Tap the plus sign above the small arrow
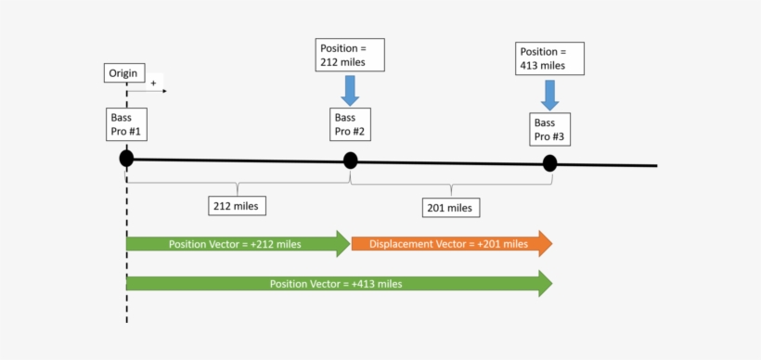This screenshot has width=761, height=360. coord(153,83)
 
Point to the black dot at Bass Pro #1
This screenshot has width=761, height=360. coord(126,159)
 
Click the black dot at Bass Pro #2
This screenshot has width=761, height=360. coord(350,161)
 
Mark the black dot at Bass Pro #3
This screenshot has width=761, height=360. coord(549,163)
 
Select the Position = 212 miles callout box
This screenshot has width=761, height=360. coord(349,55)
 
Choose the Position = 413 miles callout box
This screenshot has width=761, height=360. coord(550,58)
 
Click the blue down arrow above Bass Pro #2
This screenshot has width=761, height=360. coord(350,90)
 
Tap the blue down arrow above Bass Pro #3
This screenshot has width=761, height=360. coord(549,94)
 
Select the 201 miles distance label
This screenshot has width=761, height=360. coord(449,207)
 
